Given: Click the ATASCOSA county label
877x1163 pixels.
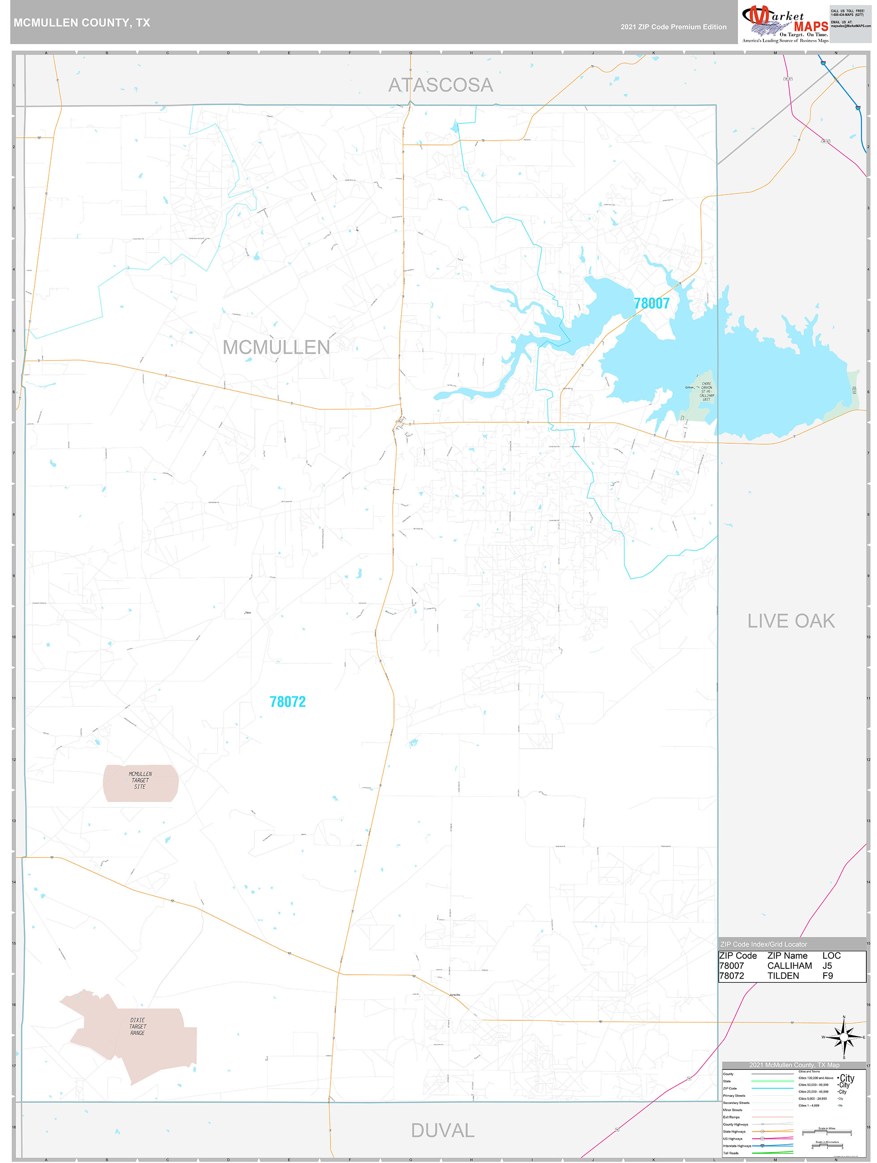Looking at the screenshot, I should (x=440, y=85).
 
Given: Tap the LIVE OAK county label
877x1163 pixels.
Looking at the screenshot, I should (x=791, y=621).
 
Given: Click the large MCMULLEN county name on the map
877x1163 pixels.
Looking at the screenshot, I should (x=276, y=347).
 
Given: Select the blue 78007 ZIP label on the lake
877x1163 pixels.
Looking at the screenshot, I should (x=652, y=303).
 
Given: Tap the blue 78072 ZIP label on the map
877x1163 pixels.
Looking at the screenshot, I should (x=288, y=702).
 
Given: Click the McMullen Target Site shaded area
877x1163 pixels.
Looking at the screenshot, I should (x=140, y=783).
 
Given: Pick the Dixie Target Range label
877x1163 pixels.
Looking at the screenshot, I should (x=138, y=1026).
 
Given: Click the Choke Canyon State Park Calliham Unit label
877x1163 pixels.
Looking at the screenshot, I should (x=706, y=391).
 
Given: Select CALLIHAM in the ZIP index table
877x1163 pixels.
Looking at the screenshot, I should (x=789, y=966).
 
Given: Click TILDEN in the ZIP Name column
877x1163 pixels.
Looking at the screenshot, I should (x=783, y=976).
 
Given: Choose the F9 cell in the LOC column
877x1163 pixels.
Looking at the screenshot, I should (x=827, y=976).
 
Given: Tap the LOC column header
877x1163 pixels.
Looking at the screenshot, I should (x=831, y=956).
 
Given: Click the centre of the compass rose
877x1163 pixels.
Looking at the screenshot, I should (x=844, y=1037).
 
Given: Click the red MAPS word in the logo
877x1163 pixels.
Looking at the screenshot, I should (x=811, y=27).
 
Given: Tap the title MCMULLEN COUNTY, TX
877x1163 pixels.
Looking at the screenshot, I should (x=82, y=23).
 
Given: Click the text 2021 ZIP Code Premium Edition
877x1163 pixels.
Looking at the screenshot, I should (x=673, y=27).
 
